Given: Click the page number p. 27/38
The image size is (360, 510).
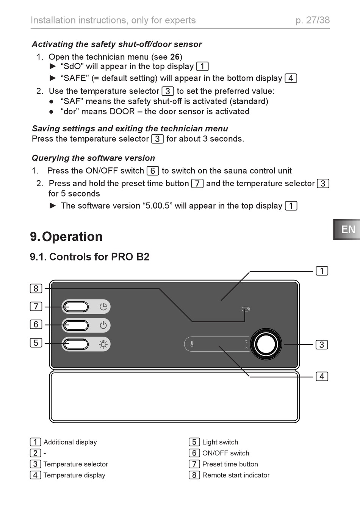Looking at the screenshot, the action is [313, 20].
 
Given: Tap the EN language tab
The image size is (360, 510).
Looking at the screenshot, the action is [347, 229].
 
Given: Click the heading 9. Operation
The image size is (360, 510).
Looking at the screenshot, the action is [66, 237].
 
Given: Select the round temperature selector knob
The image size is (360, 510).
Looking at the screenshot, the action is [266, 344].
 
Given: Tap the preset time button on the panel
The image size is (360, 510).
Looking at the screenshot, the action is [76, 307].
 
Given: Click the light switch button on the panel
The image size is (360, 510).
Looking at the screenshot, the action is [76, 344].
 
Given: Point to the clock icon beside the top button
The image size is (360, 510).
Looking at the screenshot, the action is [103, 307].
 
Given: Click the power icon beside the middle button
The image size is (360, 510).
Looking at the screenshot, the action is [103, 325].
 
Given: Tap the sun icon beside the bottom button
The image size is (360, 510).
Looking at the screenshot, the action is [103, 344].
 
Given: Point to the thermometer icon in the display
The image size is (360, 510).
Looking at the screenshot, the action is [192, 344].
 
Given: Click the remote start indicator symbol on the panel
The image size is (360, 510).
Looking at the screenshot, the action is [246, 309].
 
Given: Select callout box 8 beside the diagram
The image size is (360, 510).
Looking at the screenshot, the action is [36, 289].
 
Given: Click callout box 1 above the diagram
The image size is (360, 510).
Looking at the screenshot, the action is [322, 271].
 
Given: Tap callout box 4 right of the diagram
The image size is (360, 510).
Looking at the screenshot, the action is [322, 376].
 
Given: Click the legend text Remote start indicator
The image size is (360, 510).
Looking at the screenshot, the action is [236, 475].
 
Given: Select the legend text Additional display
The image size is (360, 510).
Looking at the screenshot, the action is [70, 442].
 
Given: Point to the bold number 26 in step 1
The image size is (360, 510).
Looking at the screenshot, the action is [175, 57].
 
